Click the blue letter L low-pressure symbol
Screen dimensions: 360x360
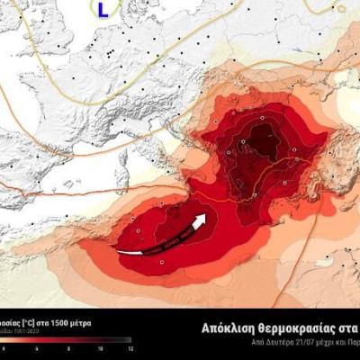tap(103, 10)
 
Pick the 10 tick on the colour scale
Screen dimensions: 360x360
tap(100, 348)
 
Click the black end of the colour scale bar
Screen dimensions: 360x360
tap(127, 340)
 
